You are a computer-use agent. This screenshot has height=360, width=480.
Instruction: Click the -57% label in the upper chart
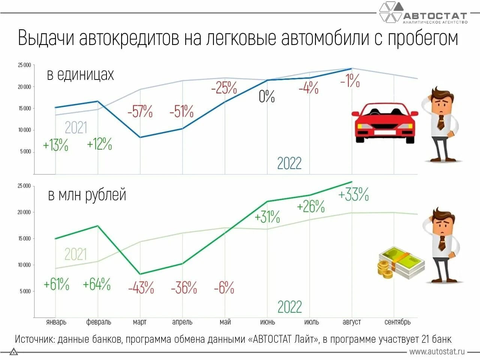coord(140,111)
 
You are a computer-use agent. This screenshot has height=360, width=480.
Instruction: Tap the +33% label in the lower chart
coord(353,195)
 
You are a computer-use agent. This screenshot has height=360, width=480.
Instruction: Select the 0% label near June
coord(267,96)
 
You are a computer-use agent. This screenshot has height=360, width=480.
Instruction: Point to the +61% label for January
coord(56,284)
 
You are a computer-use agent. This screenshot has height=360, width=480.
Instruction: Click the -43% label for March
coord(141,288)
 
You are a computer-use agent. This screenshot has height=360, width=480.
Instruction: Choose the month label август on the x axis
coord(352,322)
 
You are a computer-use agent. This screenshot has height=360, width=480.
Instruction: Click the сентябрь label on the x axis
coord(397,322)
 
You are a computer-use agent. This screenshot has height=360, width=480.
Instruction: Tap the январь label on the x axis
coord(56,322)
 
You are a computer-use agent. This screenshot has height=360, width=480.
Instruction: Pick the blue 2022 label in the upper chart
coord(289,163)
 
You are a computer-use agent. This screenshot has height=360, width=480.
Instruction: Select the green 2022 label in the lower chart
coord(289,307)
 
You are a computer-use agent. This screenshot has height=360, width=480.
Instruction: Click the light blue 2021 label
coord(76,127)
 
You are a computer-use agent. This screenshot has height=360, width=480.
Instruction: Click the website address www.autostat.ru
coord(437,352)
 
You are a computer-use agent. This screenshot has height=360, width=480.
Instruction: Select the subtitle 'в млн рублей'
coord(87,195)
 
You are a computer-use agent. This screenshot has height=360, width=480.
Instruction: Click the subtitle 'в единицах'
coord(80,75)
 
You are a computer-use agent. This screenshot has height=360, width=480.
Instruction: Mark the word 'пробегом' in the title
coord(423,38)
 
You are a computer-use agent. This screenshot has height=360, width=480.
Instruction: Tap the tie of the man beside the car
coord(441,122)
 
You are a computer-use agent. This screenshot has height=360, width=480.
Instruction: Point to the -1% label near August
coord(349,81)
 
